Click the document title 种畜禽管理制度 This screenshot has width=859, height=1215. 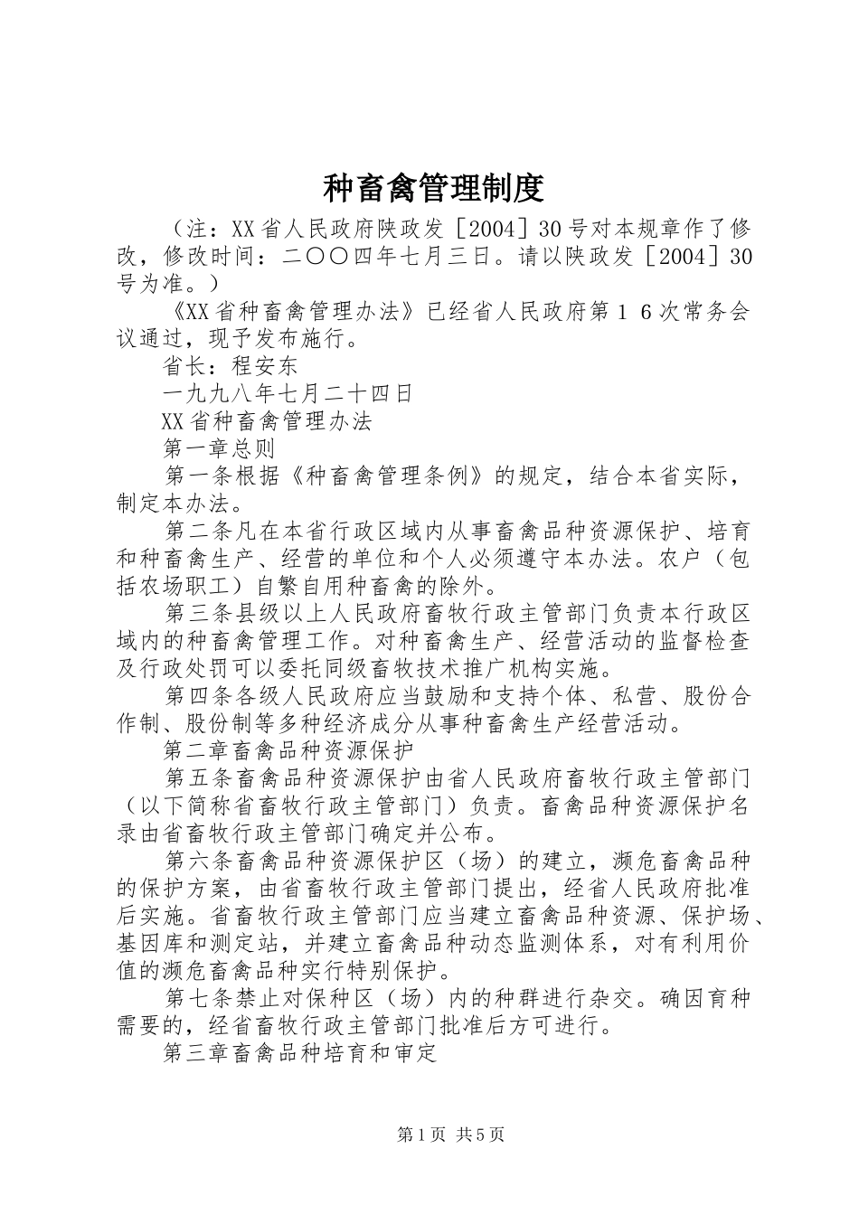tap(432, 188)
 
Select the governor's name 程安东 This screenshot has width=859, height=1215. tap(265, 366)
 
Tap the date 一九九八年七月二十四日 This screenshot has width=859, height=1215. tap(288, 393)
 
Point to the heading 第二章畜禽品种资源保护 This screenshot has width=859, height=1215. tap(288, 749)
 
